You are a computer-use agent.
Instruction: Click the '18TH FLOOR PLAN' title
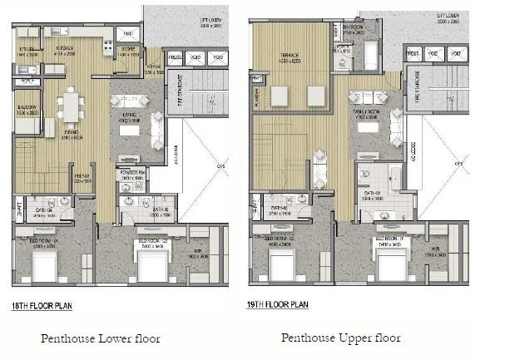(42, 306)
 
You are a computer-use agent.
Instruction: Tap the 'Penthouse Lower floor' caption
(101, 338)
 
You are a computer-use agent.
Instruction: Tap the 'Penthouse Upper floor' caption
(340, 338)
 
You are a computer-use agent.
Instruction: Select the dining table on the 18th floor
(70, 106)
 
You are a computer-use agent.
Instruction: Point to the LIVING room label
(128, 117)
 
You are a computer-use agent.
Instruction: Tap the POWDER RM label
(133, 174)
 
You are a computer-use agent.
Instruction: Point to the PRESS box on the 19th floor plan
(412, 55)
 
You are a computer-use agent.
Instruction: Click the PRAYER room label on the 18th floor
(82, 177)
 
